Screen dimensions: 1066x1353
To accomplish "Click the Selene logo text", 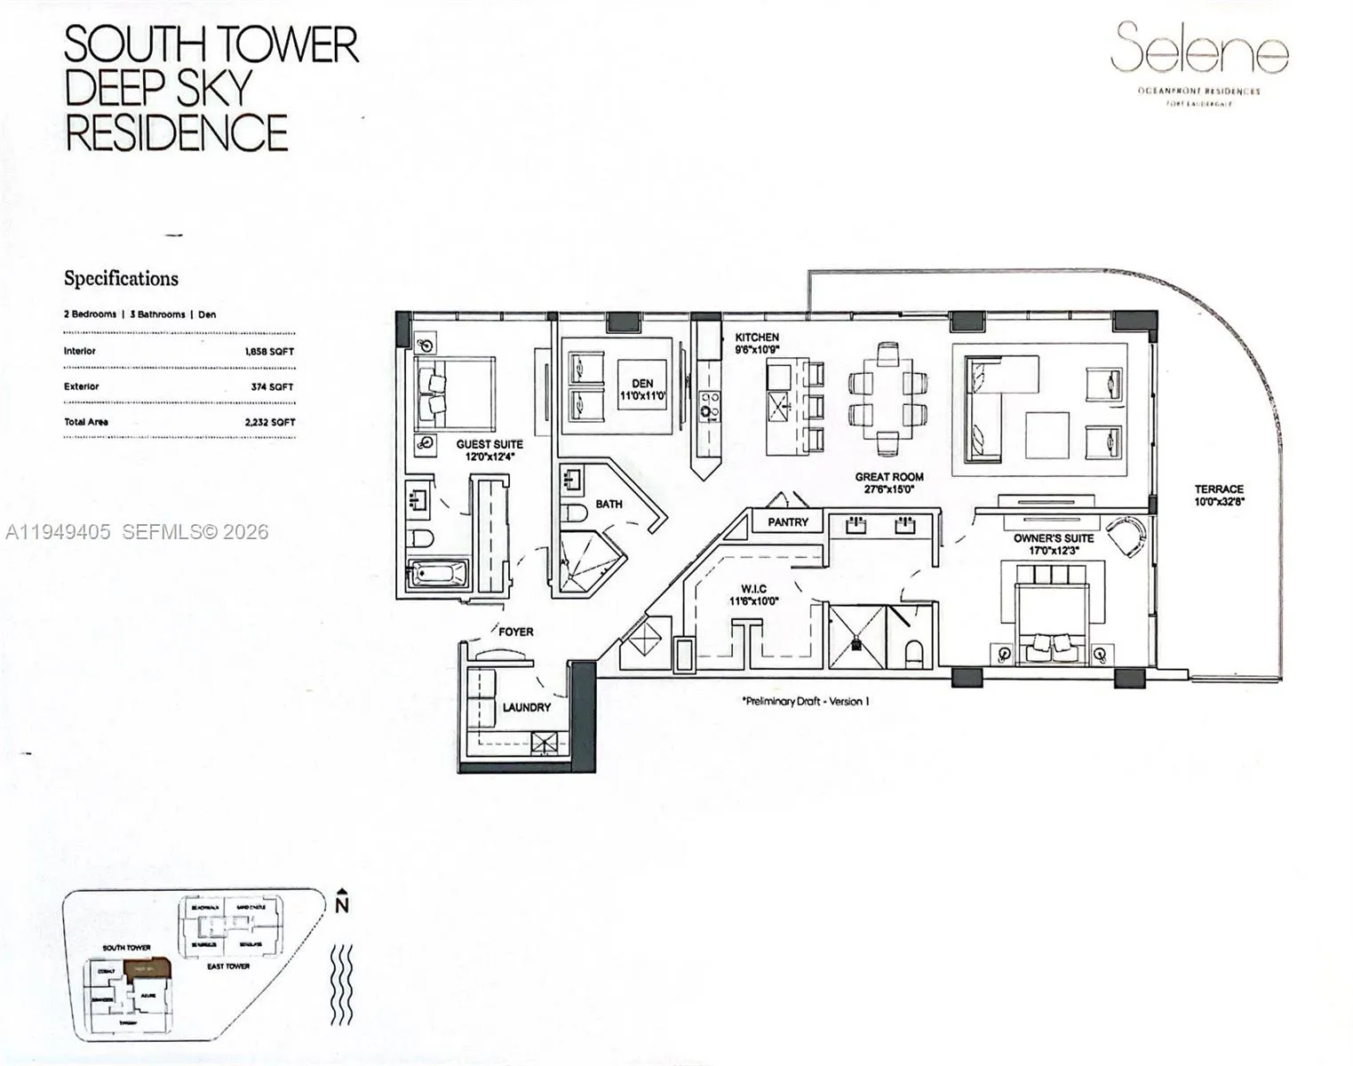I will pos(1199,49).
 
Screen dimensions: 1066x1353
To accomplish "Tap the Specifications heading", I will pos(121,279).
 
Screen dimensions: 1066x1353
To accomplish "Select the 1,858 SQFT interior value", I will pos(269,352).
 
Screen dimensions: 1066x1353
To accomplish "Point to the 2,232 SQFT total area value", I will pos(269,423).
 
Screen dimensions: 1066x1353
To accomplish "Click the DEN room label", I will pos(642,384).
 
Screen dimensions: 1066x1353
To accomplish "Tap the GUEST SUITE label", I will pos(489,444).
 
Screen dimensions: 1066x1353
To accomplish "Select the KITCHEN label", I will pos(757,338).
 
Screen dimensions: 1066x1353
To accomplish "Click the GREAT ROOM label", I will pos(889,477).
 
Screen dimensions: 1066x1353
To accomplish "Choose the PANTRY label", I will pos(788,522).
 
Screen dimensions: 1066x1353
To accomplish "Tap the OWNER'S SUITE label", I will pos(1054,538).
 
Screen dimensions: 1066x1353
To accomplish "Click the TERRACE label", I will pos(1219,489).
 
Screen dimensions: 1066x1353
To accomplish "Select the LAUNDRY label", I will pos(526,708).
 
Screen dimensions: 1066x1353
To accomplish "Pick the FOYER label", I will pos(515,632).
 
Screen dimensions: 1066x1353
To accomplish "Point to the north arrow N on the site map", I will pos(341,905).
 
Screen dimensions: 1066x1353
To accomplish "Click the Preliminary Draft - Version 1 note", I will pos(805,701).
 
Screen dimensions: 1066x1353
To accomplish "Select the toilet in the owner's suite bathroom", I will pos(913,653).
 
